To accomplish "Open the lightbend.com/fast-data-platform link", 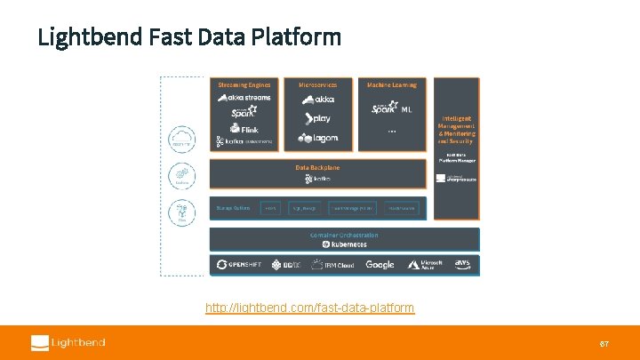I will click(x=309, y=308).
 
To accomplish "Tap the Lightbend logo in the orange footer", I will click(x=68, y=342).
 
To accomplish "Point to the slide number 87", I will click(x=604, y=343).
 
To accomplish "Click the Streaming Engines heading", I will click(x=244, y=84).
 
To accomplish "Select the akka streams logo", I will click(x=244, y=98).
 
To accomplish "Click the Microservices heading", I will click(x=317, y=84).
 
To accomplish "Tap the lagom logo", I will click(x=318, y=139).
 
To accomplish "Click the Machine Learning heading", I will click(x=391, y=84).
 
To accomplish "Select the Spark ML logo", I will click(x=391, y=108).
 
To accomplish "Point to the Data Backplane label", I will click(x=317, y=167).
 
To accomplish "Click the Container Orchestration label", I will click(x=344, y=235).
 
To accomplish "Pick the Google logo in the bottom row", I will click(x=380, y=265).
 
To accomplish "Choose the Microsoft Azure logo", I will click(x=426, y=265).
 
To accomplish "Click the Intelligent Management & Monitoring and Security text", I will click(x=455, y=130).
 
